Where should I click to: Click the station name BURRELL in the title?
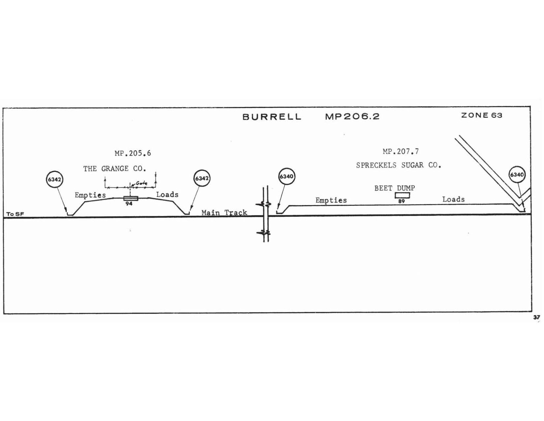[272, 117]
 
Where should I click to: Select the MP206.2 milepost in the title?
[352, 116]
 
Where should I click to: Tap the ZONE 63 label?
[482, 115]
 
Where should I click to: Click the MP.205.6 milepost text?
[133, 153]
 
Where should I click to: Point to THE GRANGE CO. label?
[115, 169]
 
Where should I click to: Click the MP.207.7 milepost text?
[401, 152]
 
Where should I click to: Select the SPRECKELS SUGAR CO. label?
[398, 165]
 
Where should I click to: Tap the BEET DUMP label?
[394, 188]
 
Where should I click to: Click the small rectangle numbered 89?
[402, 195]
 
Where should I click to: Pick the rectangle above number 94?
[131, 198]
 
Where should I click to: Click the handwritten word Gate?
[141, 183]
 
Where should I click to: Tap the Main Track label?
[224, 213]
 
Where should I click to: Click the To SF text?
[15, 214]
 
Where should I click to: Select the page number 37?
[537, 317]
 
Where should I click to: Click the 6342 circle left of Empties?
[55, 180]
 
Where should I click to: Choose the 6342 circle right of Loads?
[202, 178]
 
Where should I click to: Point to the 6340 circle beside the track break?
[287, 176]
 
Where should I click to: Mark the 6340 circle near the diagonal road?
[517, 174]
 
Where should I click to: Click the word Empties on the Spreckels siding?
[331, 200]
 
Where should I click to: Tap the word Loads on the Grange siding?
[168, 194]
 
